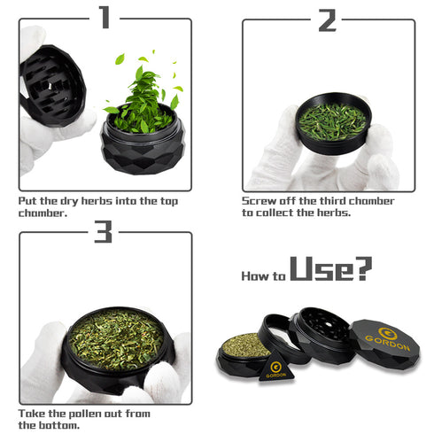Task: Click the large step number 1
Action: [x=105, y=18]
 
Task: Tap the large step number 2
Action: [x=328, y=20]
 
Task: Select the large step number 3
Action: [x=103, y=232]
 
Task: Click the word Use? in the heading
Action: [x=331, y=268]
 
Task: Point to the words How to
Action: [x=264, y=276]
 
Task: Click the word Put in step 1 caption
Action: [x=28, y=201]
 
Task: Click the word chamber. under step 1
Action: [x=43, y=213]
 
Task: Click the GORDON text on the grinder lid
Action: [x=387, y=343]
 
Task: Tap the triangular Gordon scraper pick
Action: [x=276, y=367]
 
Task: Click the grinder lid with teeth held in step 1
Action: [x=52, y=86]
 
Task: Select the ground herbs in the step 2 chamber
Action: [x=332, y=121]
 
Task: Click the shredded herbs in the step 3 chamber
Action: [x=116, y=339]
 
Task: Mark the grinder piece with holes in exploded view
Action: [x=322, y=335]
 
